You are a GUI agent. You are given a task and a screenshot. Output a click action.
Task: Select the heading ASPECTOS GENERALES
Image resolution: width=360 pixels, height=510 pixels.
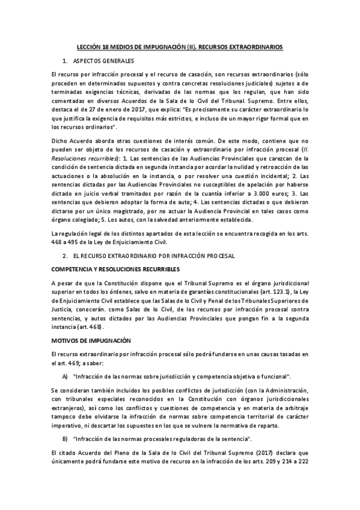click(103, 61)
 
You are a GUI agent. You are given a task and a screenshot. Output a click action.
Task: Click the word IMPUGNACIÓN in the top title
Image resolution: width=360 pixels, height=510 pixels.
click(168, 46)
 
